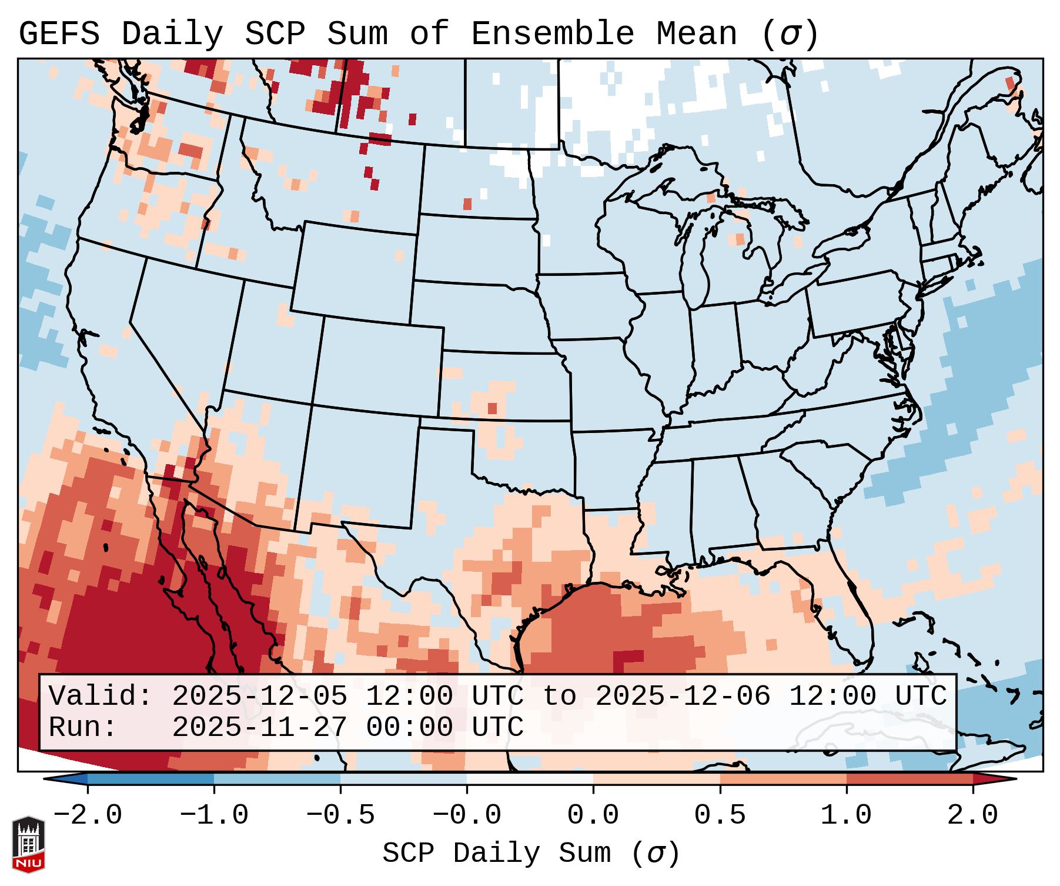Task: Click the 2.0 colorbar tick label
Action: click(972, 815)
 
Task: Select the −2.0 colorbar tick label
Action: click(88, 815)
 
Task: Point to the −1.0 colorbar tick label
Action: click(214, 815)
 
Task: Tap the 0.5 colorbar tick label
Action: click(720, 815)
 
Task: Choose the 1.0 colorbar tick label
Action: click(846, 815)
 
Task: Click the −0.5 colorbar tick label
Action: click(340, 815)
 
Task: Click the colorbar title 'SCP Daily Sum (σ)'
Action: click(531, 854)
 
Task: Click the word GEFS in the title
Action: click(59, 34)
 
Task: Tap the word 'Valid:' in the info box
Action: click(100, 696)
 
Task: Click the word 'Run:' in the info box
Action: click(82, 727)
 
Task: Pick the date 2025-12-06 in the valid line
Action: click(683, 696)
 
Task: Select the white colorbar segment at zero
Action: click(530, 779)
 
